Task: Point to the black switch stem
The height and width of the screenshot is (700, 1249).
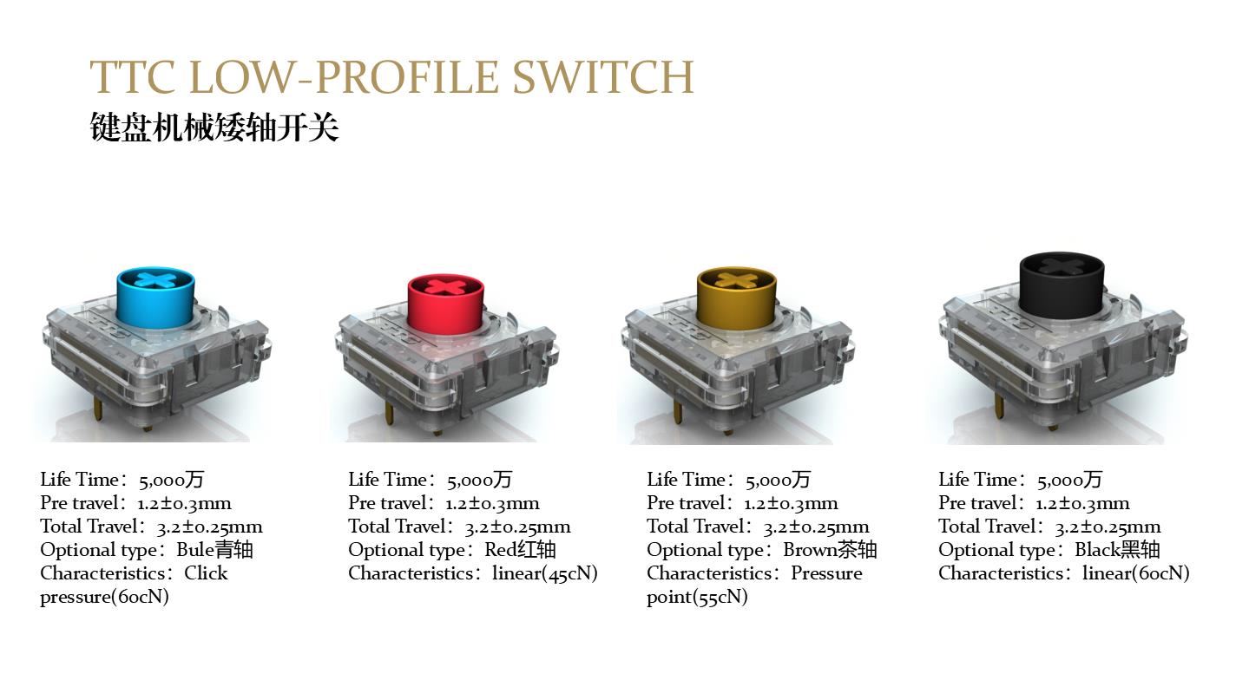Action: coord(1062,285)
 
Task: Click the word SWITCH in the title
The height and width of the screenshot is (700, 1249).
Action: coord(602,77)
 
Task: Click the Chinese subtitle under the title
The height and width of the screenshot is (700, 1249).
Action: coord(214,128)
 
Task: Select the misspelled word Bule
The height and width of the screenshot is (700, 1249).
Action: coord(195,550)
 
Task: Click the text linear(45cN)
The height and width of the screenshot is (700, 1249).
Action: coord(545,573)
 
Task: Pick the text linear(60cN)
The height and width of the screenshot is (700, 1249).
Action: coord(1135,573)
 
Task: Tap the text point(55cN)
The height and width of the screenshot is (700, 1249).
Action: coord(697,598)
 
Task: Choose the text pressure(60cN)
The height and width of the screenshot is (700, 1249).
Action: coord(104,598)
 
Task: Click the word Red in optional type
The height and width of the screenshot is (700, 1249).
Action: coord(501,550)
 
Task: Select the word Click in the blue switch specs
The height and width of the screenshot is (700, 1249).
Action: coord(206,573)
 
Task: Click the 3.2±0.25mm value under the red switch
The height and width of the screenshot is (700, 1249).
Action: coord(517,527)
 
